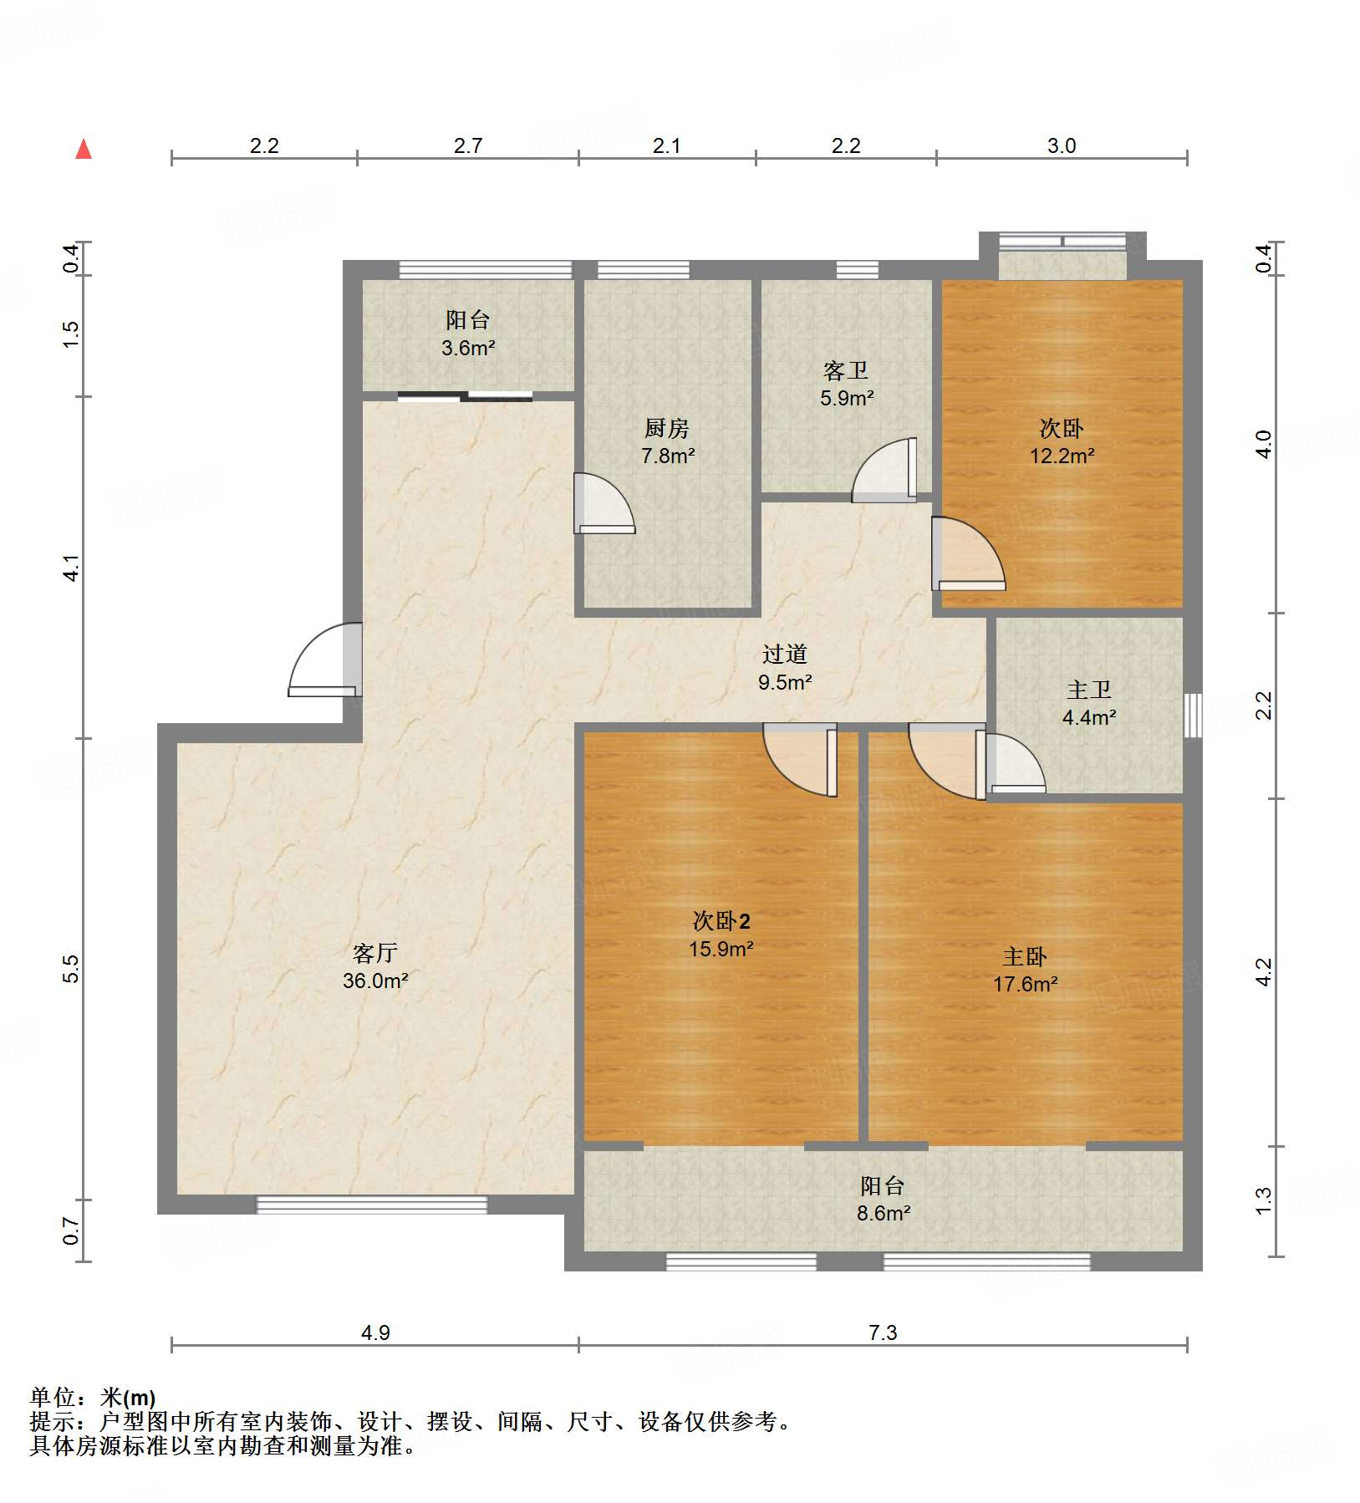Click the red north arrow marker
(x=84, y=149)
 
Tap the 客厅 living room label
(x=374, y=952)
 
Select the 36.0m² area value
(x=375, y=981)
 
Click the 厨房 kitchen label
(x=666, y=428)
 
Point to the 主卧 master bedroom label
(x=1025, y=956)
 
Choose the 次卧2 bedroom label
(x=721, y=921)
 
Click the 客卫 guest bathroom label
(x=846, y=370)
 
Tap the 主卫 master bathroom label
(x=1089, y=690)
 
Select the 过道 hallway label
(x=785, y=654)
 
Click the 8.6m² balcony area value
(x=884, y=1213)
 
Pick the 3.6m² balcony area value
(x=468, y=348)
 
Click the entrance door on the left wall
(x=325, y=660)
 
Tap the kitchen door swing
(x=604, y=503)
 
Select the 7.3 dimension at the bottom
(x=883, y=1332)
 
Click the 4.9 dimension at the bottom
(x=375, y=1332)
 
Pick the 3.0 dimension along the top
(x=1062, y=145)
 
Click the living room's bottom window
(x=371, y=1205)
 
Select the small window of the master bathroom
(x=1194, y=715)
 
